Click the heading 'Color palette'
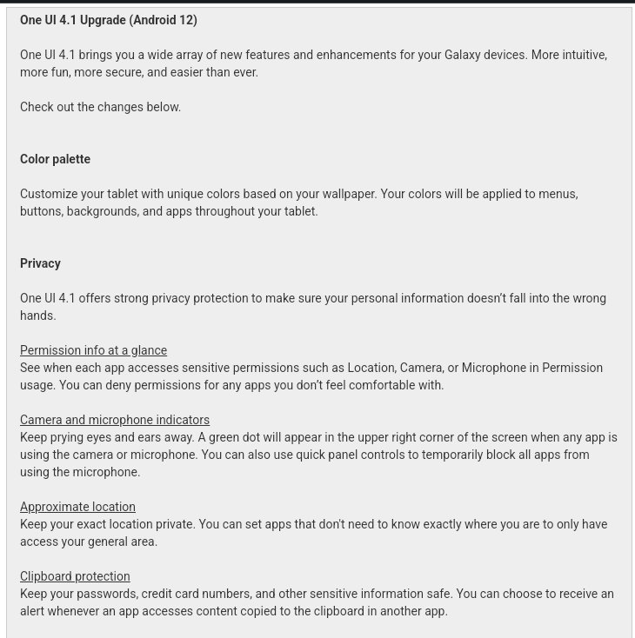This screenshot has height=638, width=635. pyautogui.click(x=55, y=159)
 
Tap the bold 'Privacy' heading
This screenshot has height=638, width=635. pyautogui.click(x=40, y=263)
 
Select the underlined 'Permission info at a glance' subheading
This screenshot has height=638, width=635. pyautogui.click(x=93, y=350)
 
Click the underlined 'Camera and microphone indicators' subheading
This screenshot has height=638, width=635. pyautogui.click(x=115, y=420)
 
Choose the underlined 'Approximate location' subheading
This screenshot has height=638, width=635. pyautogui.click(x=77, y=507)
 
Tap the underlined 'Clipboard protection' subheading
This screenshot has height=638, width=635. pyautogui.click(x=75, y=576)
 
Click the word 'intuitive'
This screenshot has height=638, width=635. pyautogui.click(x=584, y=55)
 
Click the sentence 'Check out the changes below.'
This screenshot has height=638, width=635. pyautogui.click(x=100, y=107)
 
